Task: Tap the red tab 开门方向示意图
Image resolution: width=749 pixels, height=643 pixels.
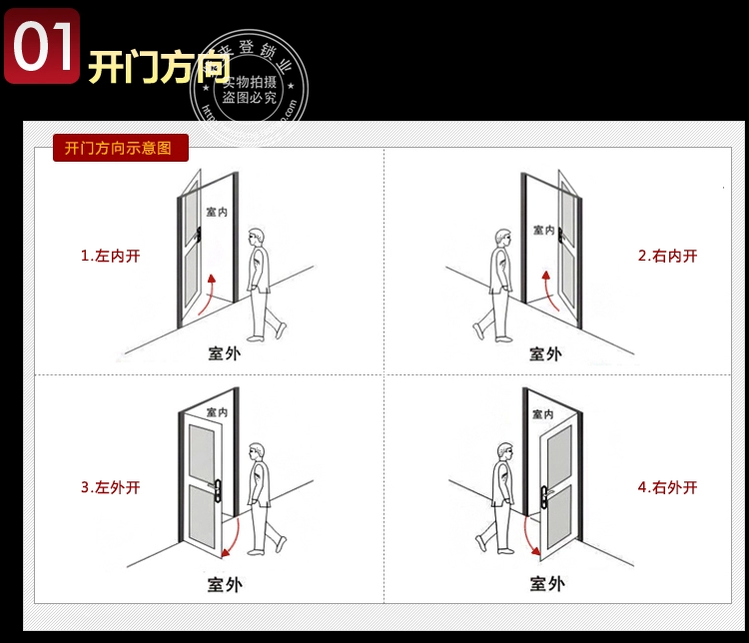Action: pos(119,149)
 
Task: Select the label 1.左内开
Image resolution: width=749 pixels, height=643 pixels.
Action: pos(110,256)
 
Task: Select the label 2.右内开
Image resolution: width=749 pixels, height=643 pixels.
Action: pos(667,256)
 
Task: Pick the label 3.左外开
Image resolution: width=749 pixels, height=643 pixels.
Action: pos(110,488)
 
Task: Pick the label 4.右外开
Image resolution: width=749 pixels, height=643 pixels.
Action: pos(667,488)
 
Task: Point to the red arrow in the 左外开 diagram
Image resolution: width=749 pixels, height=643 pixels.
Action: pos(232,536)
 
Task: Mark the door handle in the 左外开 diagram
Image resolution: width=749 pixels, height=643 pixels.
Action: pos(217,488)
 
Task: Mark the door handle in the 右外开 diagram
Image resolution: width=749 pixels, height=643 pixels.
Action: pos(544,489)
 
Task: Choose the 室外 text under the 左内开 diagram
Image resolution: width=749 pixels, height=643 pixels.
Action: pos(224,352)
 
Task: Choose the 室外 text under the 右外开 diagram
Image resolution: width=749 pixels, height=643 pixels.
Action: pos(545,584)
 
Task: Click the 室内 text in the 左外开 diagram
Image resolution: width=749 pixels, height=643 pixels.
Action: pos(217,412)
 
